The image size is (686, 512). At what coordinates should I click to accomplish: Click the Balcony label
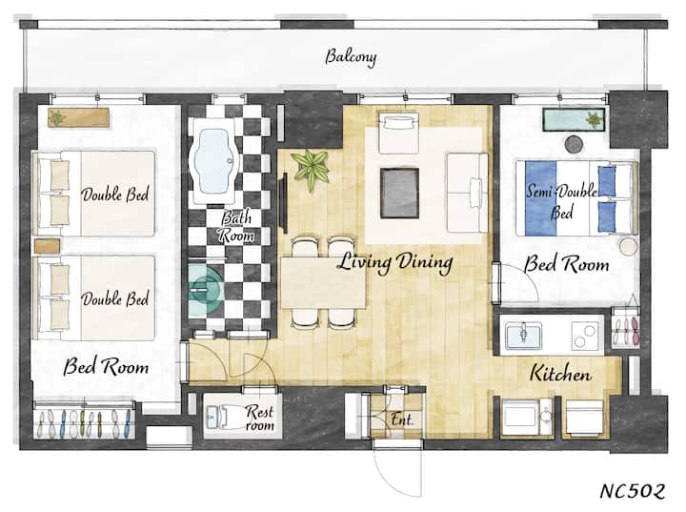point(351,57)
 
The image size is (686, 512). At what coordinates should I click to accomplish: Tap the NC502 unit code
point(633,491)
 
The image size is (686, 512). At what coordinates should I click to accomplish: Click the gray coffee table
point(399,193)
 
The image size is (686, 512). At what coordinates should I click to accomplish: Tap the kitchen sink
point(524,336)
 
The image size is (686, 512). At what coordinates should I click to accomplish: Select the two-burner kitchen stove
point(584,336)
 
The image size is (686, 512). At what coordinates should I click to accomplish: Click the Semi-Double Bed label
point(562,202)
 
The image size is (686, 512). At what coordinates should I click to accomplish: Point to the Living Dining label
point(395,263)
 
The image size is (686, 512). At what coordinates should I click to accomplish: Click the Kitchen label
point(560,373)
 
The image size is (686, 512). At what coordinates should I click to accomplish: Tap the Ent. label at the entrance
point(401,420)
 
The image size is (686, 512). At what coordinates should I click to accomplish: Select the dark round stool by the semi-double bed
point(574,144)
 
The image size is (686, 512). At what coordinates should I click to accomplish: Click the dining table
point(323,283)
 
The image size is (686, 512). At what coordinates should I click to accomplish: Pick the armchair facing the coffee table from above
point(398,133)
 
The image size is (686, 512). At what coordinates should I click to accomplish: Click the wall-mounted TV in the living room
point(284,203)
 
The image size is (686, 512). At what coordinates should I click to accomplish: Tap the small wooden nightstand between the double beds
point(47,246)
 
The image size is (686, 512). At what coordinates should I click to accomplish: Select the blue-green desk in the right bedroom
point(575,119)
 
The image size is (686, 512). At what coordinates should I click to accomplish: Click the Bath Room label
point(236,226)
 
